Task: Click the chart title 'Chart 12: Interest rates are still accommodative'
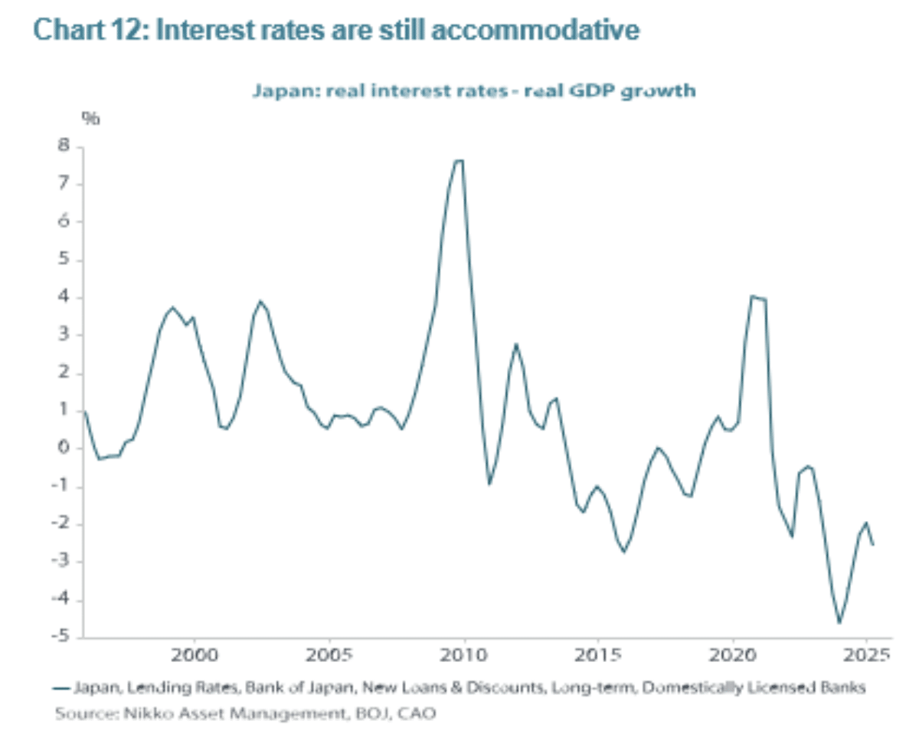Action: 337,31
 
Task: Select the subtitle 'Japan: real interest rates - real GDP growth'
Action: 473,91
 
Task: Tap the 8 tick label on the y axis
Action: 64,146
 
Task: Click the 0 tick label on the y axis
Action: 64,448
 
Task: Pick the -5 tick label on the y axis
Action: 61,638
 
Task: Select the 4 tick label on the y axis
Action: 64,297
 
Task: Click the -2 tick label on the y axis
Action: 61,524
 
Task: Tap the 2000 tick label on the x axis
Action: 195,657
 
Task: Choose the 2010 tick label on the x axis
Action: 463,657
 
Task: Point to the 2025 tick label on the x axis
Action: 867,657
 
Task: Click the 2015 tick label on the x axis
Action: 598,657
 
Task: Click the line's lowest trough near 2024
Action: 839,622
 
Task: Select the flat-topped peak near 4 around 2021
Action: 758,297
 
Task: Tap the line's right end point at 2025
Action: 873,545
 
